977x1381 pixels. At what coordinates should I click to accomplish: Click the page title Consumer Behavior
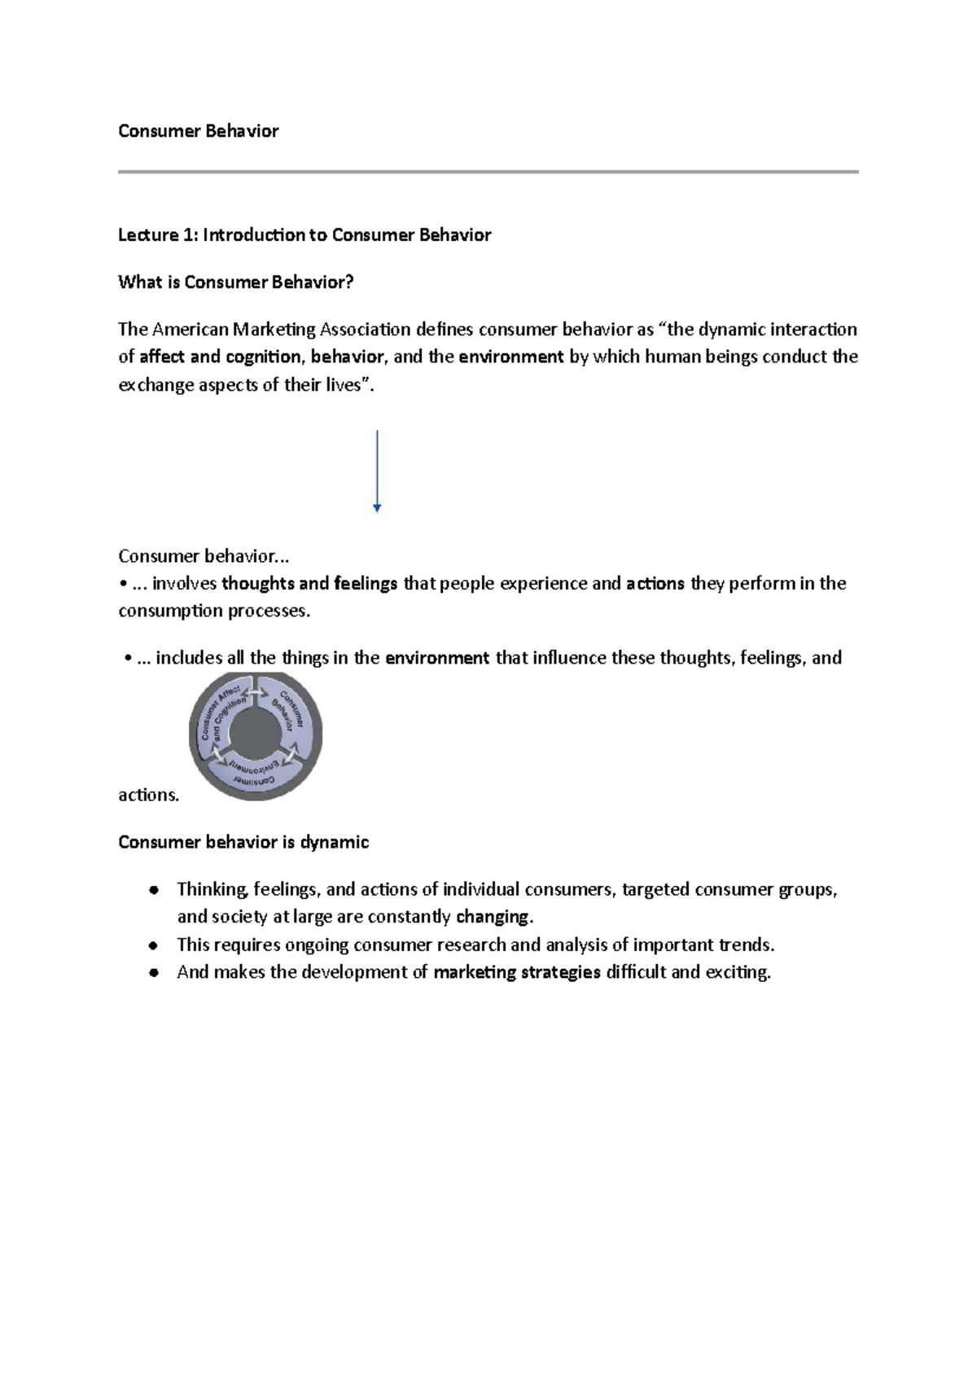[198, 131]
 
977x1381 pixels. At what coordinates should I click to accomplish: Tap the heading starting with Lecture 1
[304, 235]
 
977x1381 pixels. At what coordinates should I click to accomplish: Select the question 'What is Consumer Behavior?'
[235, 283]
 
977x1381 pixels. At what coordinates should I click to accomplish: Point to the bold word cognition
[265, 357]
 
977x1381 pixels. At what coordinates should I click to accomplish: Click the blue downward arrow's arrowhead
[377, 508]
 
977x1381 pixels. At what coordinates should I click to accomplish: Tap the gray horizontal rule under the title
[488, 172]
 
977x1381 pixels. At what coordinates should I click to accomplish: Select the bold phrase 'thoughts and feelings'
[309, 584]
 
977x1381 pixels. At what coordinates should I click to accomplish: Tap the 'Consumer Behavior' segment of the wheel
[291, 711]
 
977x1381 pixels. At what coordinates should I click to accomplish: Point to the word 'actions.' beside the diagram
[148, 795]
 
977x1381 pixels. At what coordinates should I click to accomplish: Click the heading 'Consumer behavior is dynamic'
[243, 842]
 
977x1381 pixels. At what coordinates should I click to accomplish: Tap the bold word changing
[493, 917]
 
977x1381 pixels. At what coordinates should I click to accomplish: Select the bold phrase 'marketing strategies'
[517, 972]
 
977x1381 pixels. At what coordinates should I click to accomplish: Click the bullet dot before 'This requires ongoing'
[153, 946]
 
